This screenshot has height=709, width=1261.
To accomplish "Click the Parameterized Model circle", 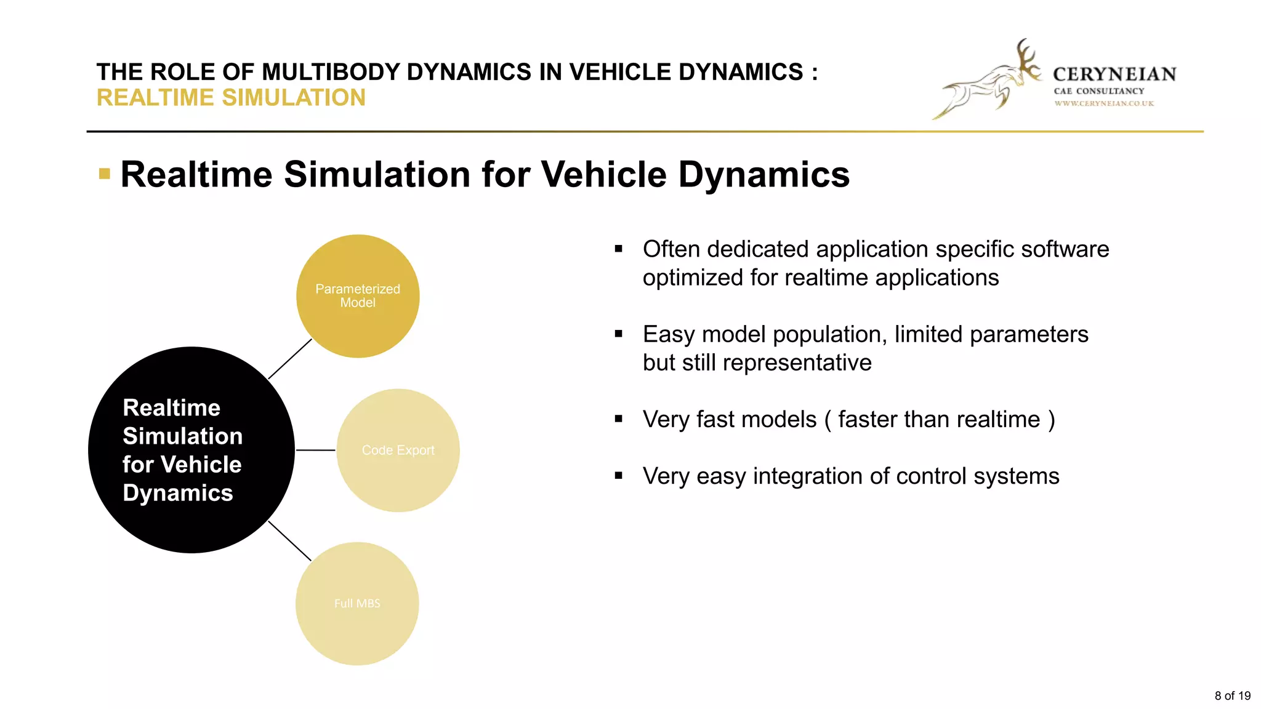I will coord(358,296).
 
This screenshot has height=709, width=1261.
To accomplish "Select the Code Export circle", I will coord(398,450).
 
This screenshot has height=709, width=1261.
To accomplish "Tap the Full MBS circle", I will coord(357,603).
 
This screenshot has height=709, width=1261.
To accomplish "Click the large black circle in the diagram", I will coord(191,450).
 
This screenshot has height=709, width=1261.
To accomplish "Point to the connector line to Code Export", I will coord(316,450).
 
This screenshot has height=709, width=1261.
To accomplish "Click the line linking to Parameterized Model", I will coord(290,359).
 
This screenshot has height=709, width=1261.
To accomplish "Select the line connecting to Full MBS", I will coord(290,541).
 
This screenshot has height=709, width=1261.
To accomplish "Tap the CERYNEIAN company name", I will coord(1114,74).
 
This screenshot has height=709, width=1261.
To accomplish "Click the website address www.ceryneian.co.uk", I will coord(1103,103).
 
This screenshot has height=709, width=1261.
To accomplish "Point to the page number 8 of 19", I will coord(1232,695).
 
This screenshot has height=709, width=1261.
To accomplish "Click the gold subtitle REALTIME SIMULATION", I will coord(231,98).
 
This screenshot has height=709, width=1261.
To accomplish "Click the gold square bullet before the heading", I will coord(105,174).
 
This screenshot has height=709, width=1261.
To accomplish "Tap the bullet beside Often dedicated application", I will coord(619,249).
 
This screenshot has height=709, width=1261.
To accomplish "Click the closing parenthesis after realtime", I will coord(1052,420).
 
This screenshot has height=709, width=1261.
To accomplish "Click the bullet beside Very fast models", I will coord(619,420).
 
